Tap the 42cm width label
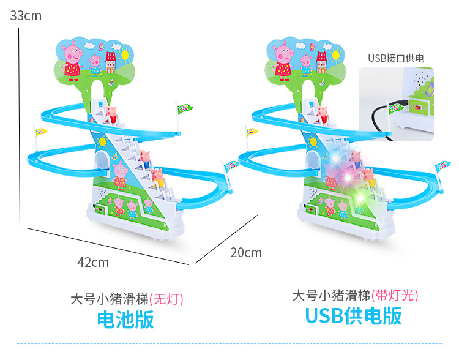click(x=92, y=262)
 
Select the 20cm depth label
click(x=246, y=252)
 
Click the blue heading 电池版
click(x=126, y=319)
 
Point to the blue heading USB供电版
click(x=353, y=316)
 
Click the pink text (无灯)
click(x=166, y=299)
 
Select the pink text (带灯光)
click(x=395, y=296)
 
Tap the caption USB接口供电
click(x=395, y=58)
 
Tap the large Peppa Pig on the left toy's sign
click(x=72, y=59)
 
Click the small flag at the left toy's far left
click(x=40, y=132)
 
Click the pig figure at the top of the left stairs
click(x=112, y=113)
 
